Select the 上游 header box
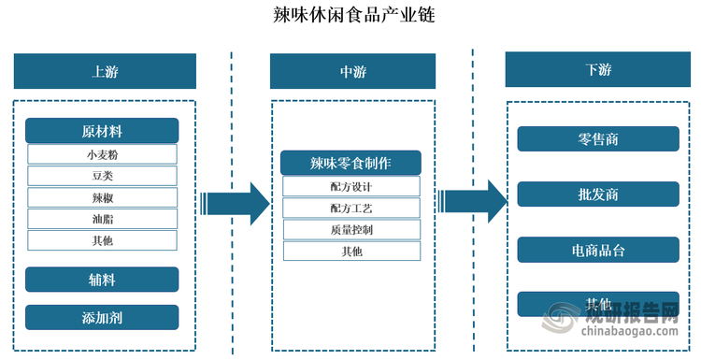[x=105, y=71]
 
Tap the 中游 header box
[x=352, y=71]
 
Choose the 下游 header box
[x=598, y=70]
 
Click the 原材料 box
[x=102, y=131]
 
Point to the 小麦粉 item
[x=102, y=154]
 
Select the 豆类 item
[x=102, y=176]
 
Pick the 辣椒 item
[x=102, y=197]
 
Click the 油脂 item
[x=102, y=219]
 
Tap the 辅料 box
[x=102, y=279]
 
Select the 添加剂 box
[x=102, y=317]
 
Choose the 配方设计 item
[x=351, y=186]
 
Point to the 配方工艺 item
[x=351, y=208]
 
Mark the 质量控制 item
[x=351, y=229]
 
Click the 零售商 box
[x=598, y=139]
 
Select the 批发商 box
[x=598, y=194]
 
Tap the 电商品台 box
[x=598, y=250]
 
